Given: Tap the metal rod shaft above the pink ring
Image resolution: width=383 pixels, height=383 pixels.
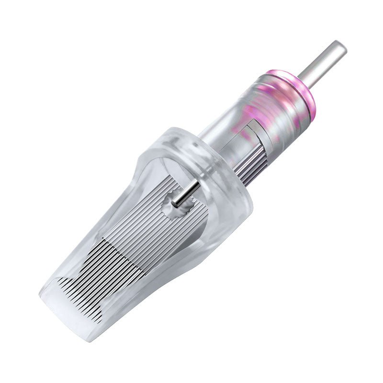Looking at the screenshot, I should [x=322, y=65].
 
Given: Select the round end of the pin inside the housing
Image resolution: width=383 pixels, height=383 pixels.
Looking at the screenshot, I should [x=175, y=204].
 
